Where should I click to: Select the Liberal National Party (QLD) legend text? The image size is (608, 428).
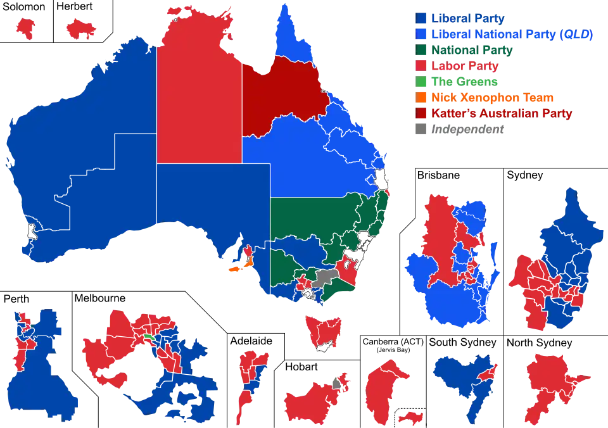coord(512,34)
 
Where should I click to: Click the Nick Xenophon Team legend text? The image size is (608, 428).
coord(493,98)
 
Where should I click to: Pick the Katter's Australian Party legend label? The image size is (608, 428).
coord(501,113)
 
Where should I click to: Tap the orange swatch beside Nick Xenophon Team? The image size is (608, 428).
coord(421,98)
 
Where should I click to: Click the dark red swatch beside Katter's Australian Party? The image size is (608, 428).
coord(421,113)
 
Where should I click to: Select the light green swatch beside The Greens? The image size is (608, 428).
coord(421,82)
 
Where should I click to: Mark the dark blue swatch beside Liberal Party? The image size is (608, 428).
coord(421,18)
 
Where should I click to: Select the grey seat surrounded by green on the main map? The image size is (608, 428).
coord(324,277)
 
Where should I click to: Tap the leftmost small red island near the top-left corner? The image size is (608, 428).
coord(26,27)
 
